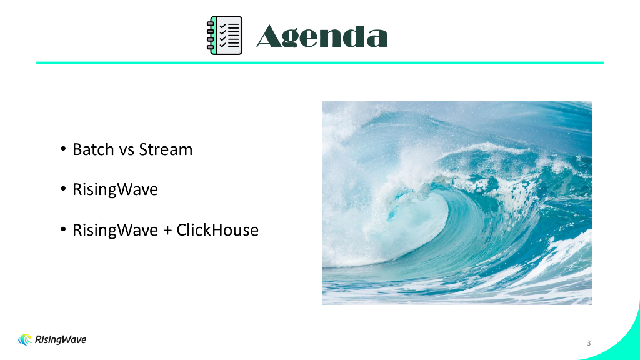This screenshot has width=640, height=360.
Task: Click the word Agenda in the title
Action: tap(322, 37)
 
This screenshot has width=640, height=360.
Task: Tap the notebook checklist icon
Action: tap(224, 36)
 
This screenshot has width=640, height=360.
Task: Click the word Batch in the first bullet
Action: tap(93, 149)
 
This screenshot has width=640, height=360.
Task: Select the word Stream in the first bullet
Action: tap(166, 149)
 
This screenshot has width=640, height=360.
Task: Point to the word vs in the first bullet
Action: tap(126, 151)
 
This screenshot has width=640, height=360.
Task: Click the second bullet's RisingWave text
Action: tap(115, 190)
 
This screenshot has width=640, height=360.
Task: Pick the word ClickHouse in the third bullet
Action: tap(217, 230)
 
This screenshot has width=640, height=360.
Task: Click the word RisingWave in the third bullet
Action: tap(115, 231)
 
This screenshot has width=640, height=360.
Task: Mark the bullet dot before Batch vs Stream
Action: tap(63, 149)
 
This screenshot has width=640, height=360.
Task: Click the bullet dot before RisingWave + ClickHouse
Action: tap(63, 229)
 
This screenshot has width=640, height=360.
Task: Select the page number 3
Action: tap(589, 343)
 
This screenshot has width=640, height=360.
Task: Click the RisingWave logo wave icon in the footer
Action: tap(25, 339)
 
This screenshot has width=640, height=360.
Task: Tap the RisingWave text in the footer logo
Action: tap(61, 340)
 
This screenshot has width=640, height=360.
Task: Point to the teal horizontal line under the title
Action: tap(320, 63)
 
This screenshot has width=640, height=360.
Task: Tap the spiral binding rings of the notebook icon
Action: tap(211, 36)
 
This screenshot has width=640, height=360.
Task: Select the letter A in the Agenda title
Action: tap(270, 36)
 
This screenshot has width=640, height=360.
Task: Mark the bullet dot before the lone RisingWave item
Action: tap(63, 189)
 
